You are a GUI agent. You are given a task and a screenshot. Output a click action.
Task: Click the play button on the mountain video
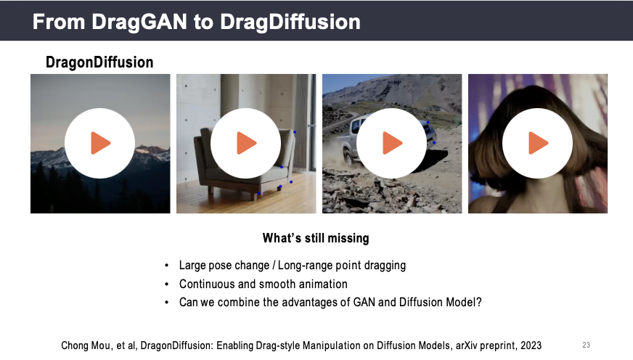point(99,143)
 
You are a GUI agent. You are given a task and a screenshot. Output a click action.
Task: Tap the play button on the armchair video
point(246,143)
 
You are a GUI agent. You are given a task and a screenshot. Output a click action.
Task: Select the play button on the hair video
point(538,143)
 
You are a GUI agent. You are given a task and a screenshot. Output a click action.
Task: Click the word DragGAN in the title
point(139,22)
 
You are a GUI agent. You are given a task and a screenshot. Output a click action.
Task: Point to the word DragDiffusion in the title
point(290,22)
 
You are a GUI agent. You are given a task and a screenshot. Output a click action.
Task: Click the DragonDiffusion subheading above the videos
point(99,62)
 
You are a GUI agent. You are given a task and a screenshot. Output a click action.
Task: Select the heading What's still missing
point(316,238)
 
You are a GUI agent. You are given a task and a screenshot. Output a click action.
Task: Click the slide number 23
point(586,345)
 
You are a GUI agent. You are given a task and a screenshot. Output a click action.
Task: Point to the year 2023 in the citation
point(531,345)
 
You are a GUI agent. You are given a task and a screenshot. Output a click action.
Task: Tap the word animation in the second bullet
point(323,284)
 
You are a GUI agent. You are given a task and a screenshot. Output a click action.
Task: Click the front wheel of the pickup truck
point(348,157)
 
